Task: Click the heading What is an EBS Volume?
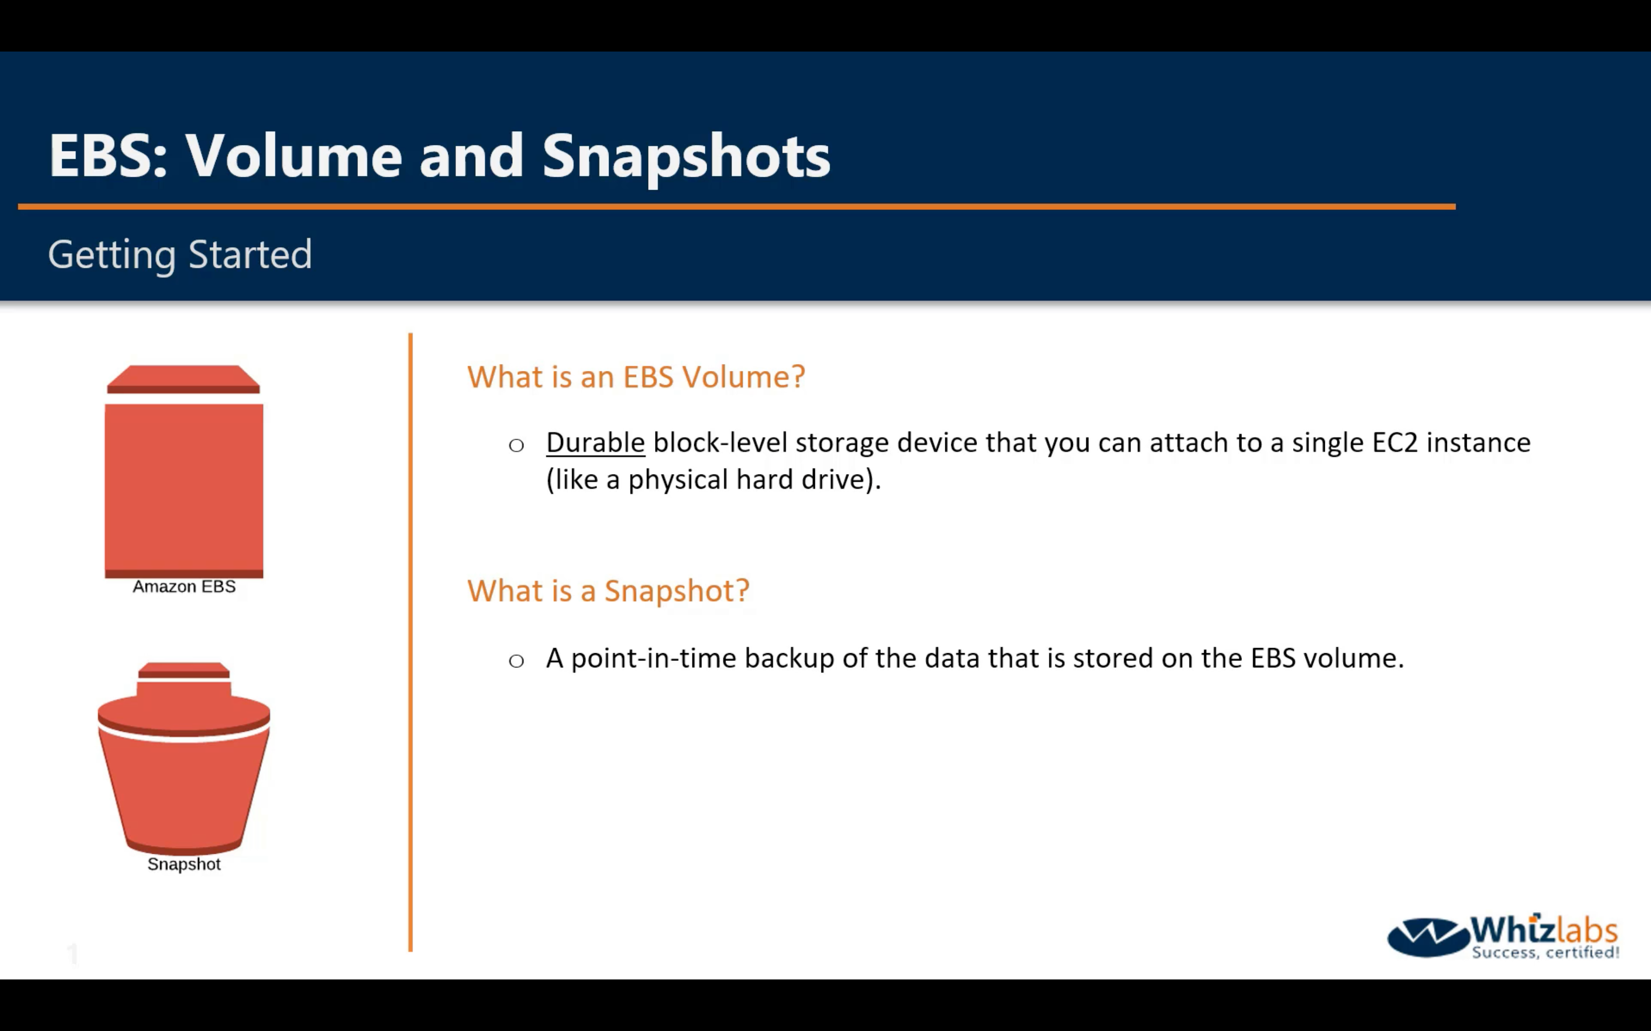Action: tap(636, 376)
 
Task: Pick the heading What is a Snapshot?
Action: tap(608, 591)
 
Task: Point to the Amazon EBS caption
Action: tap(184, 586)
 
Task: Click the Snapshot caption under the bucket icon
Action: tap(184, 864)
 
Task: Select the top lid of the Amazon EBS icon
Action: tap(183, 379)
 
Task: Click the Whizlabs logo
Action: tap(1503, 936)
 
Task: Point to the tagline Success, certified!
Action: tap(1545, 952)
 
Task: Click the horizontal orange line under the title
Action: tap(737, 206)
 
